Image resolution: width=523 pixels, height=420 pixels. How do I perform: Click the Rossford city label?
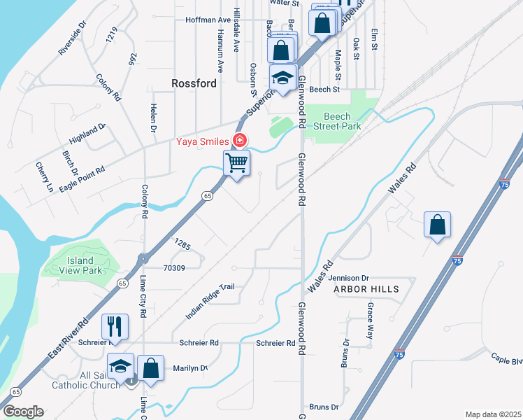tap(194, 83)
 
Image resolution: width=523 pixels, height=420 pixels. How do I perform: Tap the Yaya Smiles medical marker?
tap(240, 141)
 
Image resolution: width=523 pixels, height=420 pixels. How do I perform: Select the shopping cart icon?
tap(237, 163)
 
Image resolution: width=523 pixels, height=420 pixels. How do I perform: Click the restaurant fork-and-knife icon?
tap(115, 326)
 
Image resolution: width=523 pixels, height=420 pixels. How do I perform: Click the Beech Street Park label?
tap(342, 121)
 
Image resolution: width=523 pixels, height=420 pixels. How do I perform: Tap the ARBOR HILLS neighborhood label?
tap(366, 289)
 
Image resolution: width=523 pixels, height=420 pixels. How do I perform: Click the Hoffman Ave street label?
tap(208, 20)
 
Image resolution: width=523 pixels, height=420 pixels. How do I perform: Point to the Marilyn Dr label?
tap(191, 368)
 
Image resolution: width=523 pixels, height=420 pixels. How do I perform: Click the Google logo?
tap(23, 412)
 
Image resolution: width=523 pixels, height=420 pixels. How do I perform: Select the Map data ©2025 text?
tap(493, 414)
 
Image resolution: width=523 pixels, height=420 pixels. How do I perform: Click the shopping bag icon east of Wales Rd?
tap(437, 225)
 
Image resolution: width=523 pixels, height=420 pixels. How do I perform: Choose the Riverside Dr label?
tap(72, 38)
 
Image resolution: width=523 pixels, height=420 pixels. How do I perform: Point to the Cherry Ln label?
tap(44, 177)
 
